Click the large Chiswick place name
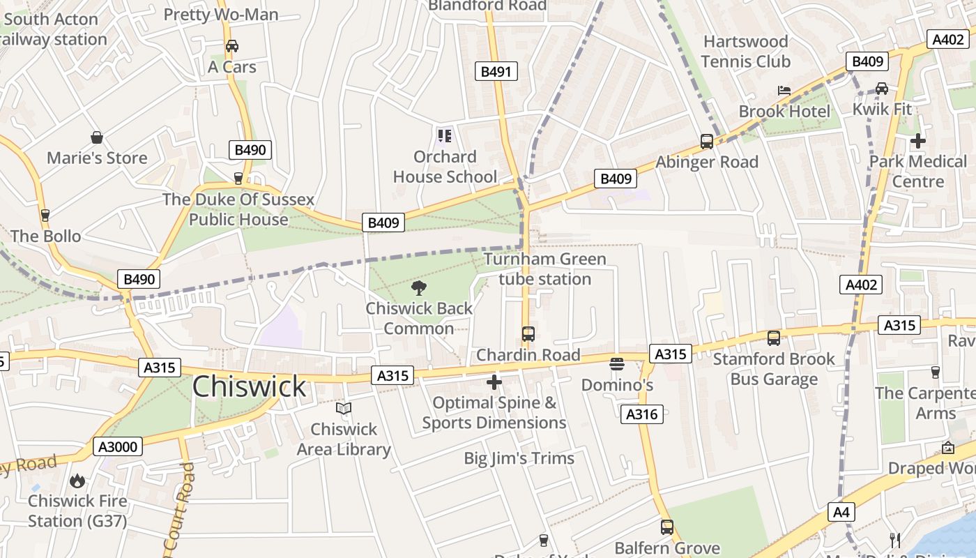point(249,386)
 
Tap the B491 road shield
point(496,71)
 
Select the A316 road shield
point(641,414)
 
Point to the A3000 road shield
point(117,446)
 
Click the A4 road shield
point(841,513)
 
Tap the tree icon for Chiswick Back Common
point(419,288)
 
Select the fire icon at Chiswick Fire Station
point(77,481)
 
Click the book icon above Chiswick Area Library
point(344,408)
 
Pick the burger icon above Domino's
point(617,364)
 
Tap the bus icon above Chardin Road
point(528,334)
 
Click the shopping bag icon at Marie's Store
point(97,137)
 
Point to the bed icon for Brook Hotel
point(784,91)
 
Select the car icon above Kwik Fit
point(882,89)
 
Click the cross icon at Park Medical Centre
point(917,140)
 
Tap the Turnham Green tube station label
point(545,269)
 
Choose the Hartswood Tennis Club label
point(746,52)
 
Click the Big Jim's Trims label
point(519,458)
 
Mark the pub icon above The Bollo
point(45,216)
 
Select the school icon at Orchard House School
point(444,135)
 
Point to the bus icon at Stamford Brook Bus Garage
point(774,338)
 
